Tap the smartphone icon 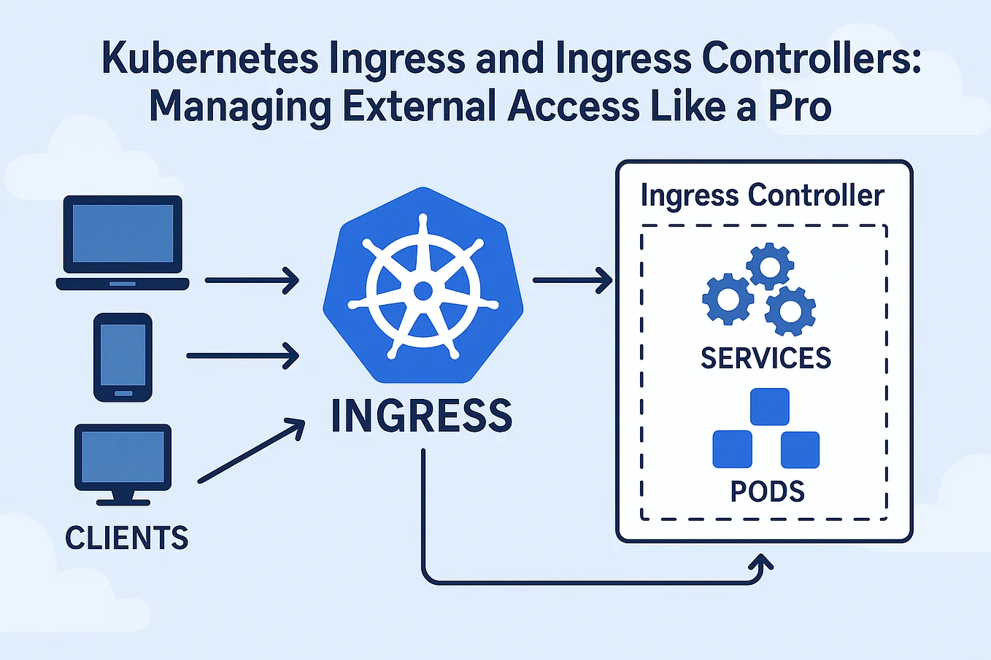[x=123, y=357]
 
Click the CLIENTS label [x=127, y=538]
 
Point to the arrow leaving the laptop [x=252, y=280]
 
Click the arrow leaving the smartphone [x=242, y=356]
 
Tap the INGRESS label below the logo [x=422, y=416]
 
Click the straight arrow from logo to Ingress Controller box [x=572, y=280]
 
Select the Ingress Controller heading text [x=762, y=195]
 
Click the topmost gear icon [x=770, y=267]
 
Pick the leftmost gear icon [x=728, y=299]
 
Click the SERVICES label [x=766, y=358]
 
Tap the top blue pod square [x=769, y=406]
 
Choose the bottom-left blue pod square [x=732, y=449]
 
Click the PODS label [x=767, y=492]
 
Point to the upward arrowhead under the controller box [x=762, y=563]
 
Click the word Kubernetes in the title [x=209, y=58]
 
